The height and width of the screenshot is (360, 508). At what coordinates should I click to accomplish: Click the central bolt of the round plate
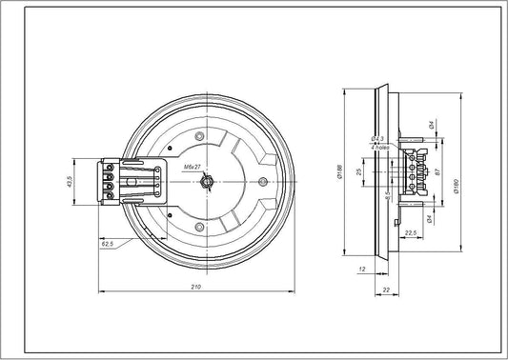pos(206,180)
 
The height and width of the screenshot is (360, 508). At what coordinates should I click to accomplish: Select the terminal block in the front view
pos(112,181)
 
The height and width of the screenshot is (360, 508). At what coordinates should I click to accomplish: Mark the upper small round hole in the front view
pos(198,139)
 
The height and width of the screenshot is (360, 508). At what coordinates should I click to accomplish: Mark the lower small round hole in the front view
pos(198,225)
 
